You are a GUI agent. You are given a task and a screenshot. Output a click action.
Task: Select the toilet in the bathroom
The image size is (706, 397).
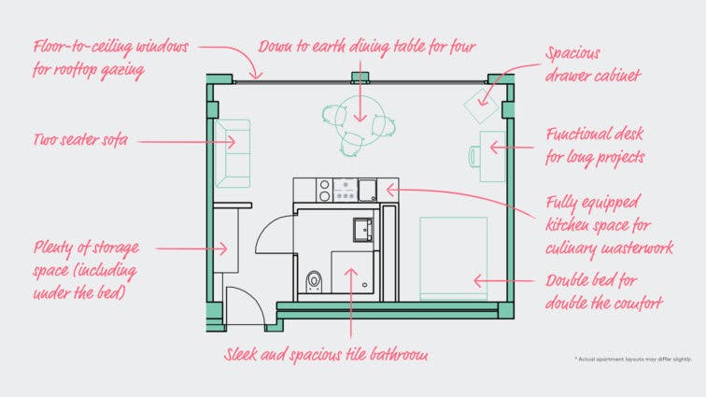point(316,278)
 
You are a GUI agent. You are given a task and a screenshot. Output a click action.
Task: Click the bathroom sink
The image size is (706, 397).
point(361,227)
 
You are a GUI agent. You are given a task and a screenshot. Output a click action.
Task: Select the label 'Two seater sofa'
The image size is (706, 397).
point(79,141)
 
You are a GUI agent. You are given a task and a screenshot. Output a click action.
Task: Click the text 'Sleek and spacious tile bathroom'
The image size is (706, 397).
point(326,355)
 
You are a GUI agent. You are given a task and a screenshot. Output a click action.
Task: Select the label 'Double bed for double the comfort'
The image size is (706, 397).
point(604,291)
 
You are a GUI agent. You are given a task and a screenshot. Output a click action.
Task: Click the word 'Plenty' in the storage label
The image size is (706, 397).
point(54,248)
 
